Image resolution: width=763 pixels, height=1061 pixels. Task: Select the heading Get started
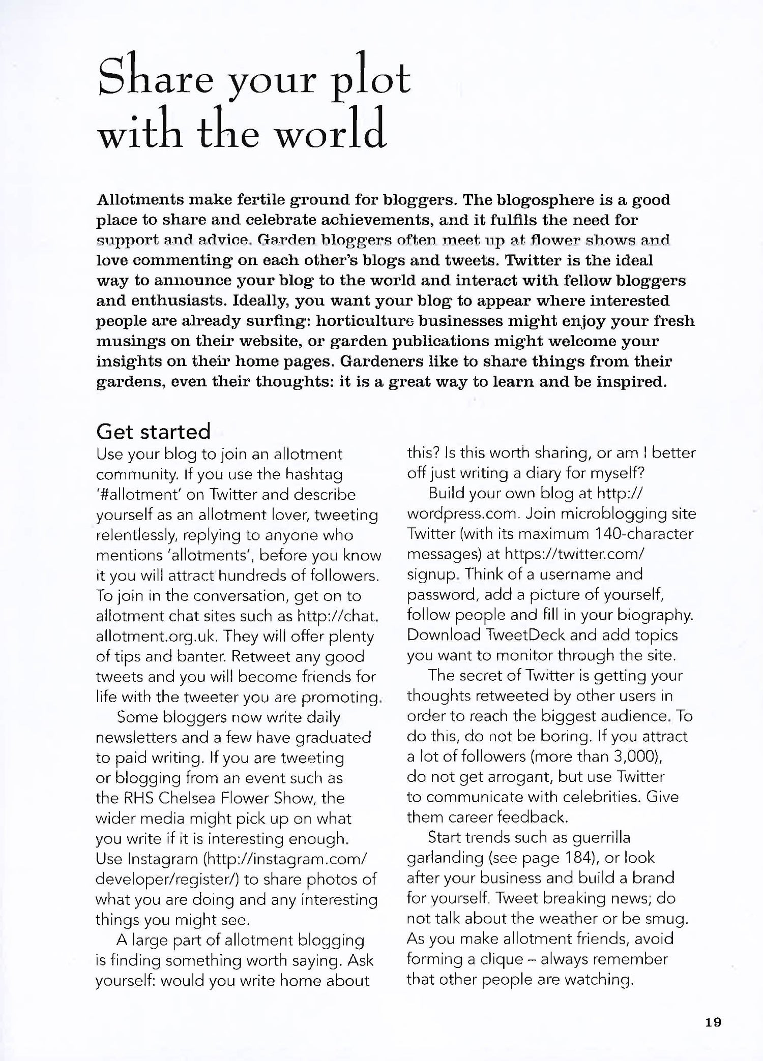pos(153,432)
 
